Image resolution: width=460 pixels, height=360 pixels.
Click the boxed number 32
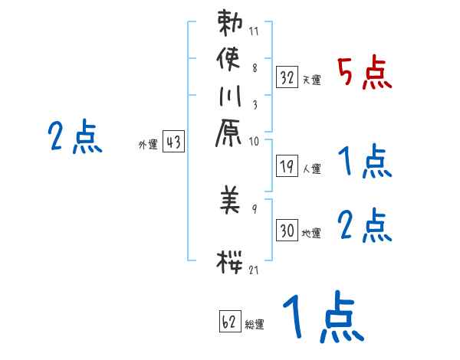tap(287, 77)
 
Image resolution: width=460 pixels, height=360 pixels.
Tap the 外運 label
tap(148, 143)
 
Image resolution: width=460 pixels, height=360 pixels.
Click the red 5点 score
tap(365, 74)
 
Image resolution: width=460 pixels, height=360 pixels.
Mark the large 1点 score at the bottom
tap(322, 318)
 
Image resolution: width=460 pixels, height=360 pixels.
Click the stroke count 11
tap(254, 31)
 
